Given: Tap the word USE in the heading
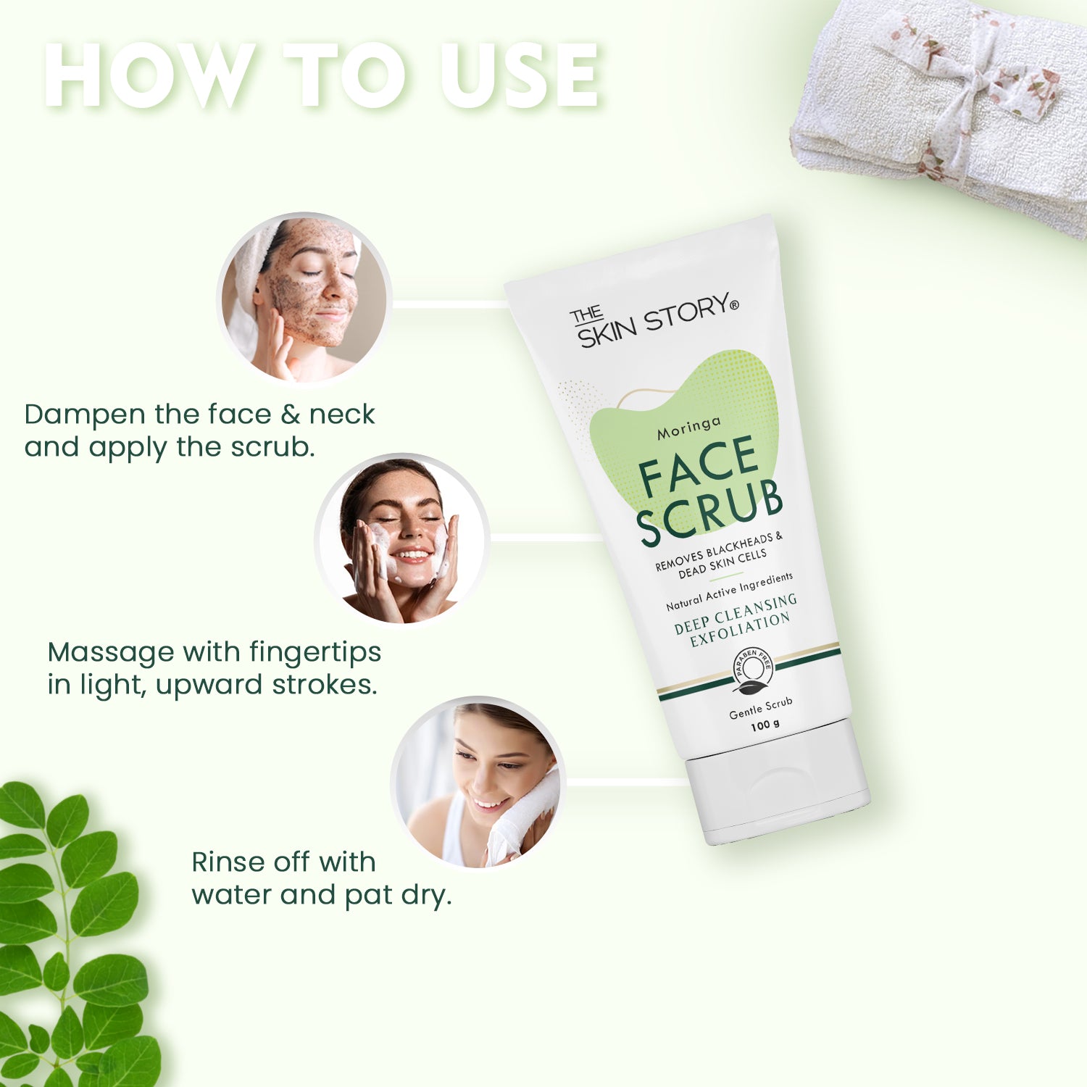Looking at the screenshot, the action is pyautogui.click(x=520, y=75).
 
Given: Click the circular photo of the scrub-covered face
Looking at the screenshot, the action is pyautogui.click(x=304, y=299).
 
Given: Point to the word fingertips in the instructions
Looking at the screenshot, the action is pyautogui.click(x=315, y=652).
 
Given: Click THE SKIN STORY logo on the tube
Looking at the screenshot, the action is pyautogui.click(x=654, y=320).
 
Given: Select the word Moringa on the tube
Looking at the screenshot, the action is pyautogui.click(x=689, y=428).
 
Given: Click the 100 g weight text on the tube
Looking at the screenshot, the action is pyautogui.click(x=765, y=725).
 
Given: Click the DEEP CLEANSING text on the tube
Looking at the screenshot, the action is pyautogui.click(x=736, y=614).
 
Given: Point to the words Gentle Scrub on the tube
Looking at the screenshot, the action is pyautogui.click(x=761, y=708).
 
